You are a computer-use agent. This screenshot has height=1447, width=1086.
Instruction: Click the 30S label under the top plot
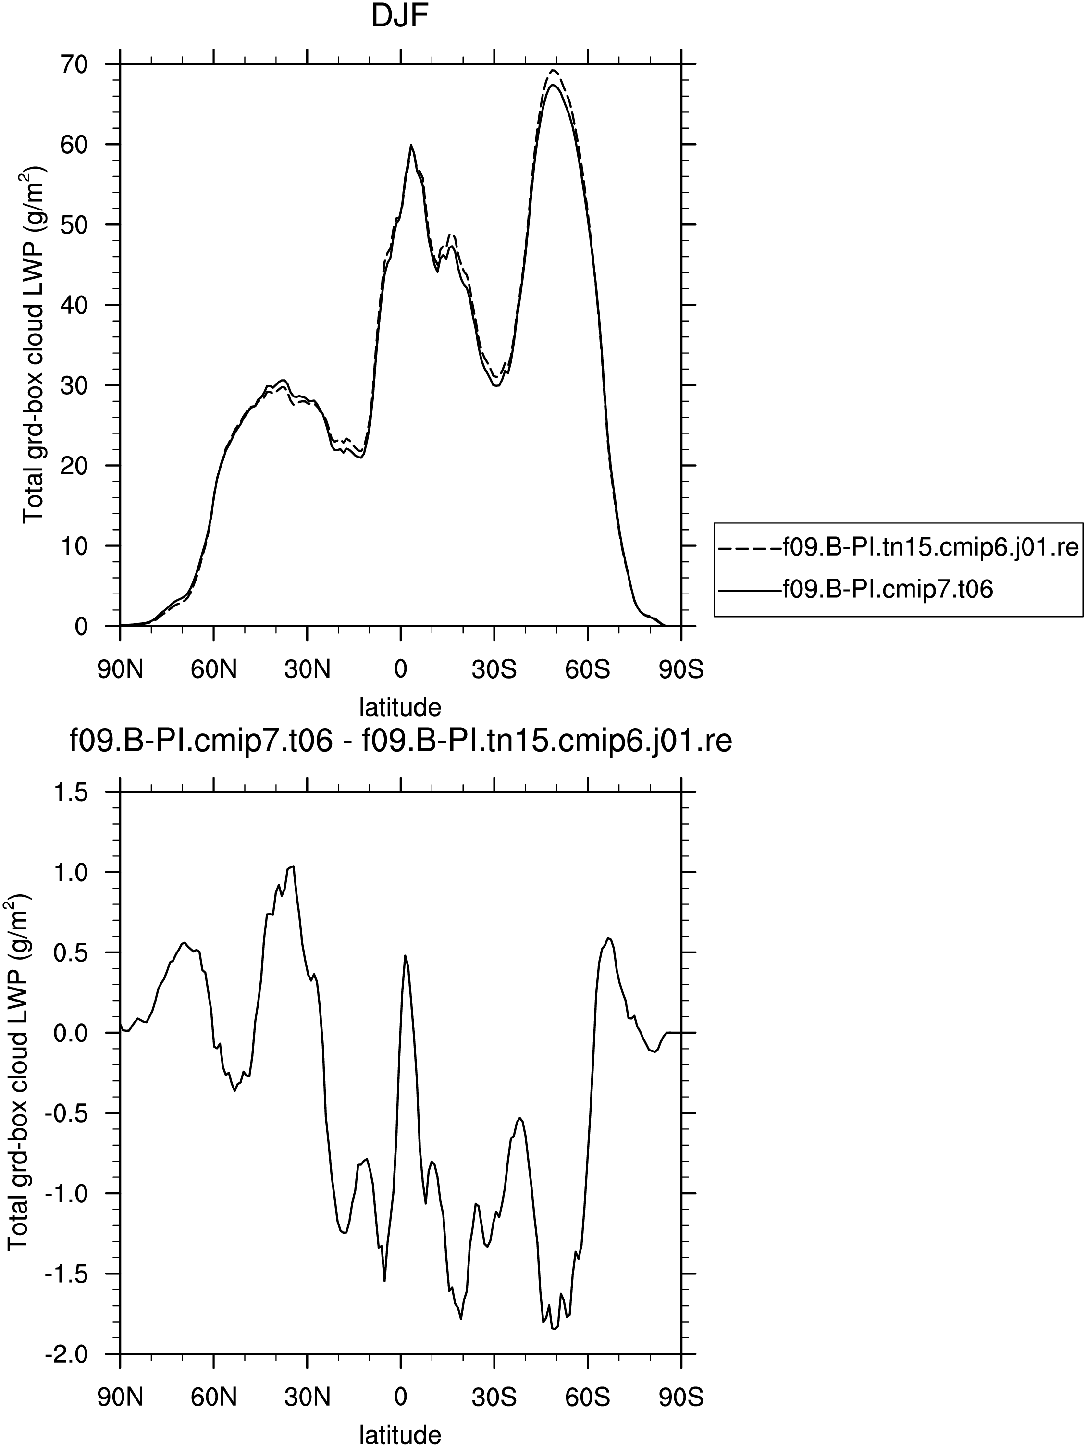[494, 670]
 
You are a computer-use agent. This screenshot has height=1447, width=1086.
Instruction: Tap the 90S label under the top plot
[681, 670]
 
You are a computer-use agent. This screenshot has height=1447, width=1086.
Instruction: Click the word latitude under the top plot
[400, 706]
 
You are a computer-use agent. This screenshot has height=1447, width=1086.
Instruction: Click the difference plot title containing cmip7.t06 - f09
[400, 742]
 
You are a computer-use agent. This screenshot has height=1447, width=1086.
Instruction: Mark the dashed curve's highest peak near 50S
[554, 70]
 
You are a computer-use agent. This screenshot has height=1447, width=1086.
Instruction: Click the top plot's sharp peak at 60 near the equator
[411, 145]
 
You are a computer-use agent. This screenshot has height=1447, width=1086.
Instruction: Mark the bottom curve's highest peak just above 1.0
[293, 866]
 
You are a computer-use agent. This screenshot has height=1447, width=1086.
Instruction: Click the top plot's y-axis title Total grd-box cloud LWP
[33, 344]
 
